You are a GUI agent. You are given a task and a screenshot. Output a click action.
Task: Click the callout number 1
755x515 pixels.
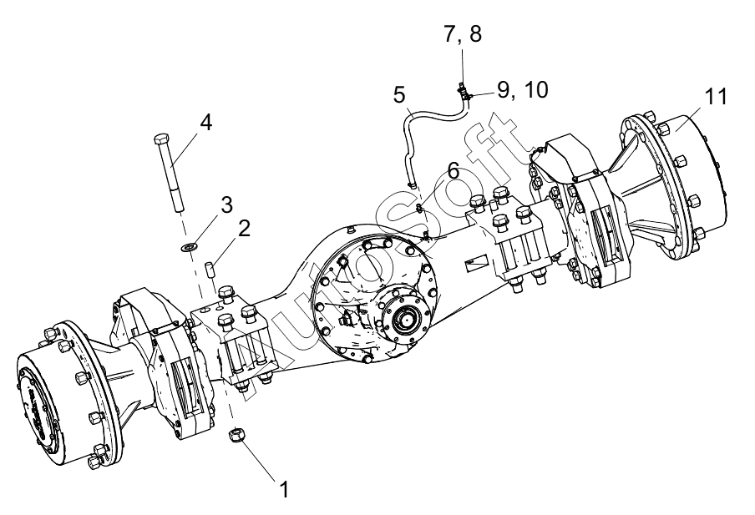(x=285, y=489)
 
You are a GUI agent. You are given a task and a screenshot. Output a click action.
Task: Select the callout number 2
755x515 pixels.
(x=244, y=228)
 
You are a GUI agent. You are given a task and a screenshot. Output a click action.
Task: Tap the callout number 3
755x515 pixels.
(x=227, y=204)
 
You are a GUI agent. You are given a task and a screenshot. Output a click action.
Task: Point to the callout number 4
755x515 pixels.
(x=205, y=123)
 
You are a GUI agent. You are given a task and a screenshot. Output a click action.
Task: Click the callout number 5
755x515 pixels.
(x=399, y=95)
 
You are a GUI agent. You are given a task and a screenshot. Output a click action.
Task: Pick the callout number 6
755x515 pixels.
(x=454, y=170)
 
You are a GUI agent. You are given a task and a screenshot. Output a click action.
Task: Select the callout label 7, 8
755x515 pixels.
(x=462, y=34)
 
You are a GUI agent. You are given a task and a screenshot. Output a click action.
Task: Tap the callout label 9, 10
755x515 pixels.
(x=523, y=89)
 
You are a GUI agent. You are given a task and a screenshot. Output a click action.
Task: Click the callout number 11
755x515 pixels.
(x=716, y=96)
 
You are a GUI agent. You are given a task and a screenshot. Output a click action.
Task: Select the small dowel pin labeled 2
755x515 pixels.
(x=210, y=269)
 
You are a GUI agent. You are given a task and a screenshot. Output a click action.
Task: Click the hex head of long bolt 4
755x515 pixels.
(x=160, y=140)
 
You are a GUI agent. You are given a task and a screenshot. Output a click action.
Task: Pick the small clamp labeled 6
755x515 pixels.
(x=419, y=208)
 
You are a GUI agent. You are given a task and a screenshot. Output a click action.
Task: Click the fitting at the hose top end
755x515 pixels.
(x=463, y=89)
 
